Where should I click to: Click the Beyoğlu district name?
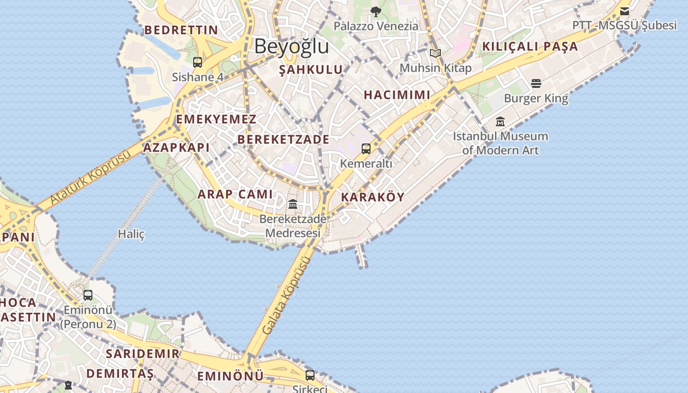(291, 46)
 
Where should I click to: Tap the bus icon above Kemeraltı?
(366, 148)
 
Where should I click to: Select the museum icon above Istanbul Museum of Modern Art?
(500, 121)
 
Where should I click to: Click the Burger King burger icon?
(536, 84)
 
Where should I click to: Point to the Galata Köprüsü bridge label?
(287, 295)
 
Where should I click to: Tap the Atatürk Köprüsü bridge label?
(91, 177)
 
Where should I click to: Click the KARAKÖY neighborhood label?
(373, 197)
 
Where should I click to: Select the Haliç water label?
(131, 234)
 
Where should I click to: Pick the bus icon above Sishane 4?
(198, 62)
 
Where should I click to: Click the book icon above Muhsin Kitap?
(435, 53)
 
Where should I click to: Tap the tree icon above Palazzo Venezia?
(376, 11)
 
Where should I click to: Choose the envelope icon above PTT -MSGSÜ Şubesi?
(625, 11)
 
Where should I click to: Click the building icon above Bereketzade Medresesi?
(293, 204)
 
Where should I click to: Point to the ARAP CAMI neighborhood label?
(235, 194)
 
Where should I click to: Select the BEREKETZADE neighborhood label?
(284, 140)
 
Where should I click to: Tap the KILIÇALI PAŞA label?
(530, 47)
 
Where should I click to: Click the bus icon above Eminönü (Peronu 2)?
(88, 295)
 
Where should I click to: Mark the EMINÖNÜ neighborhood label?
(230, 377)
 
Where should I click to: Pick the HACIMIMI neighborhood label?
(397, 95)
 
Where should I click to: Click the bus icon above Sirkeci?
(310, 375)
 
